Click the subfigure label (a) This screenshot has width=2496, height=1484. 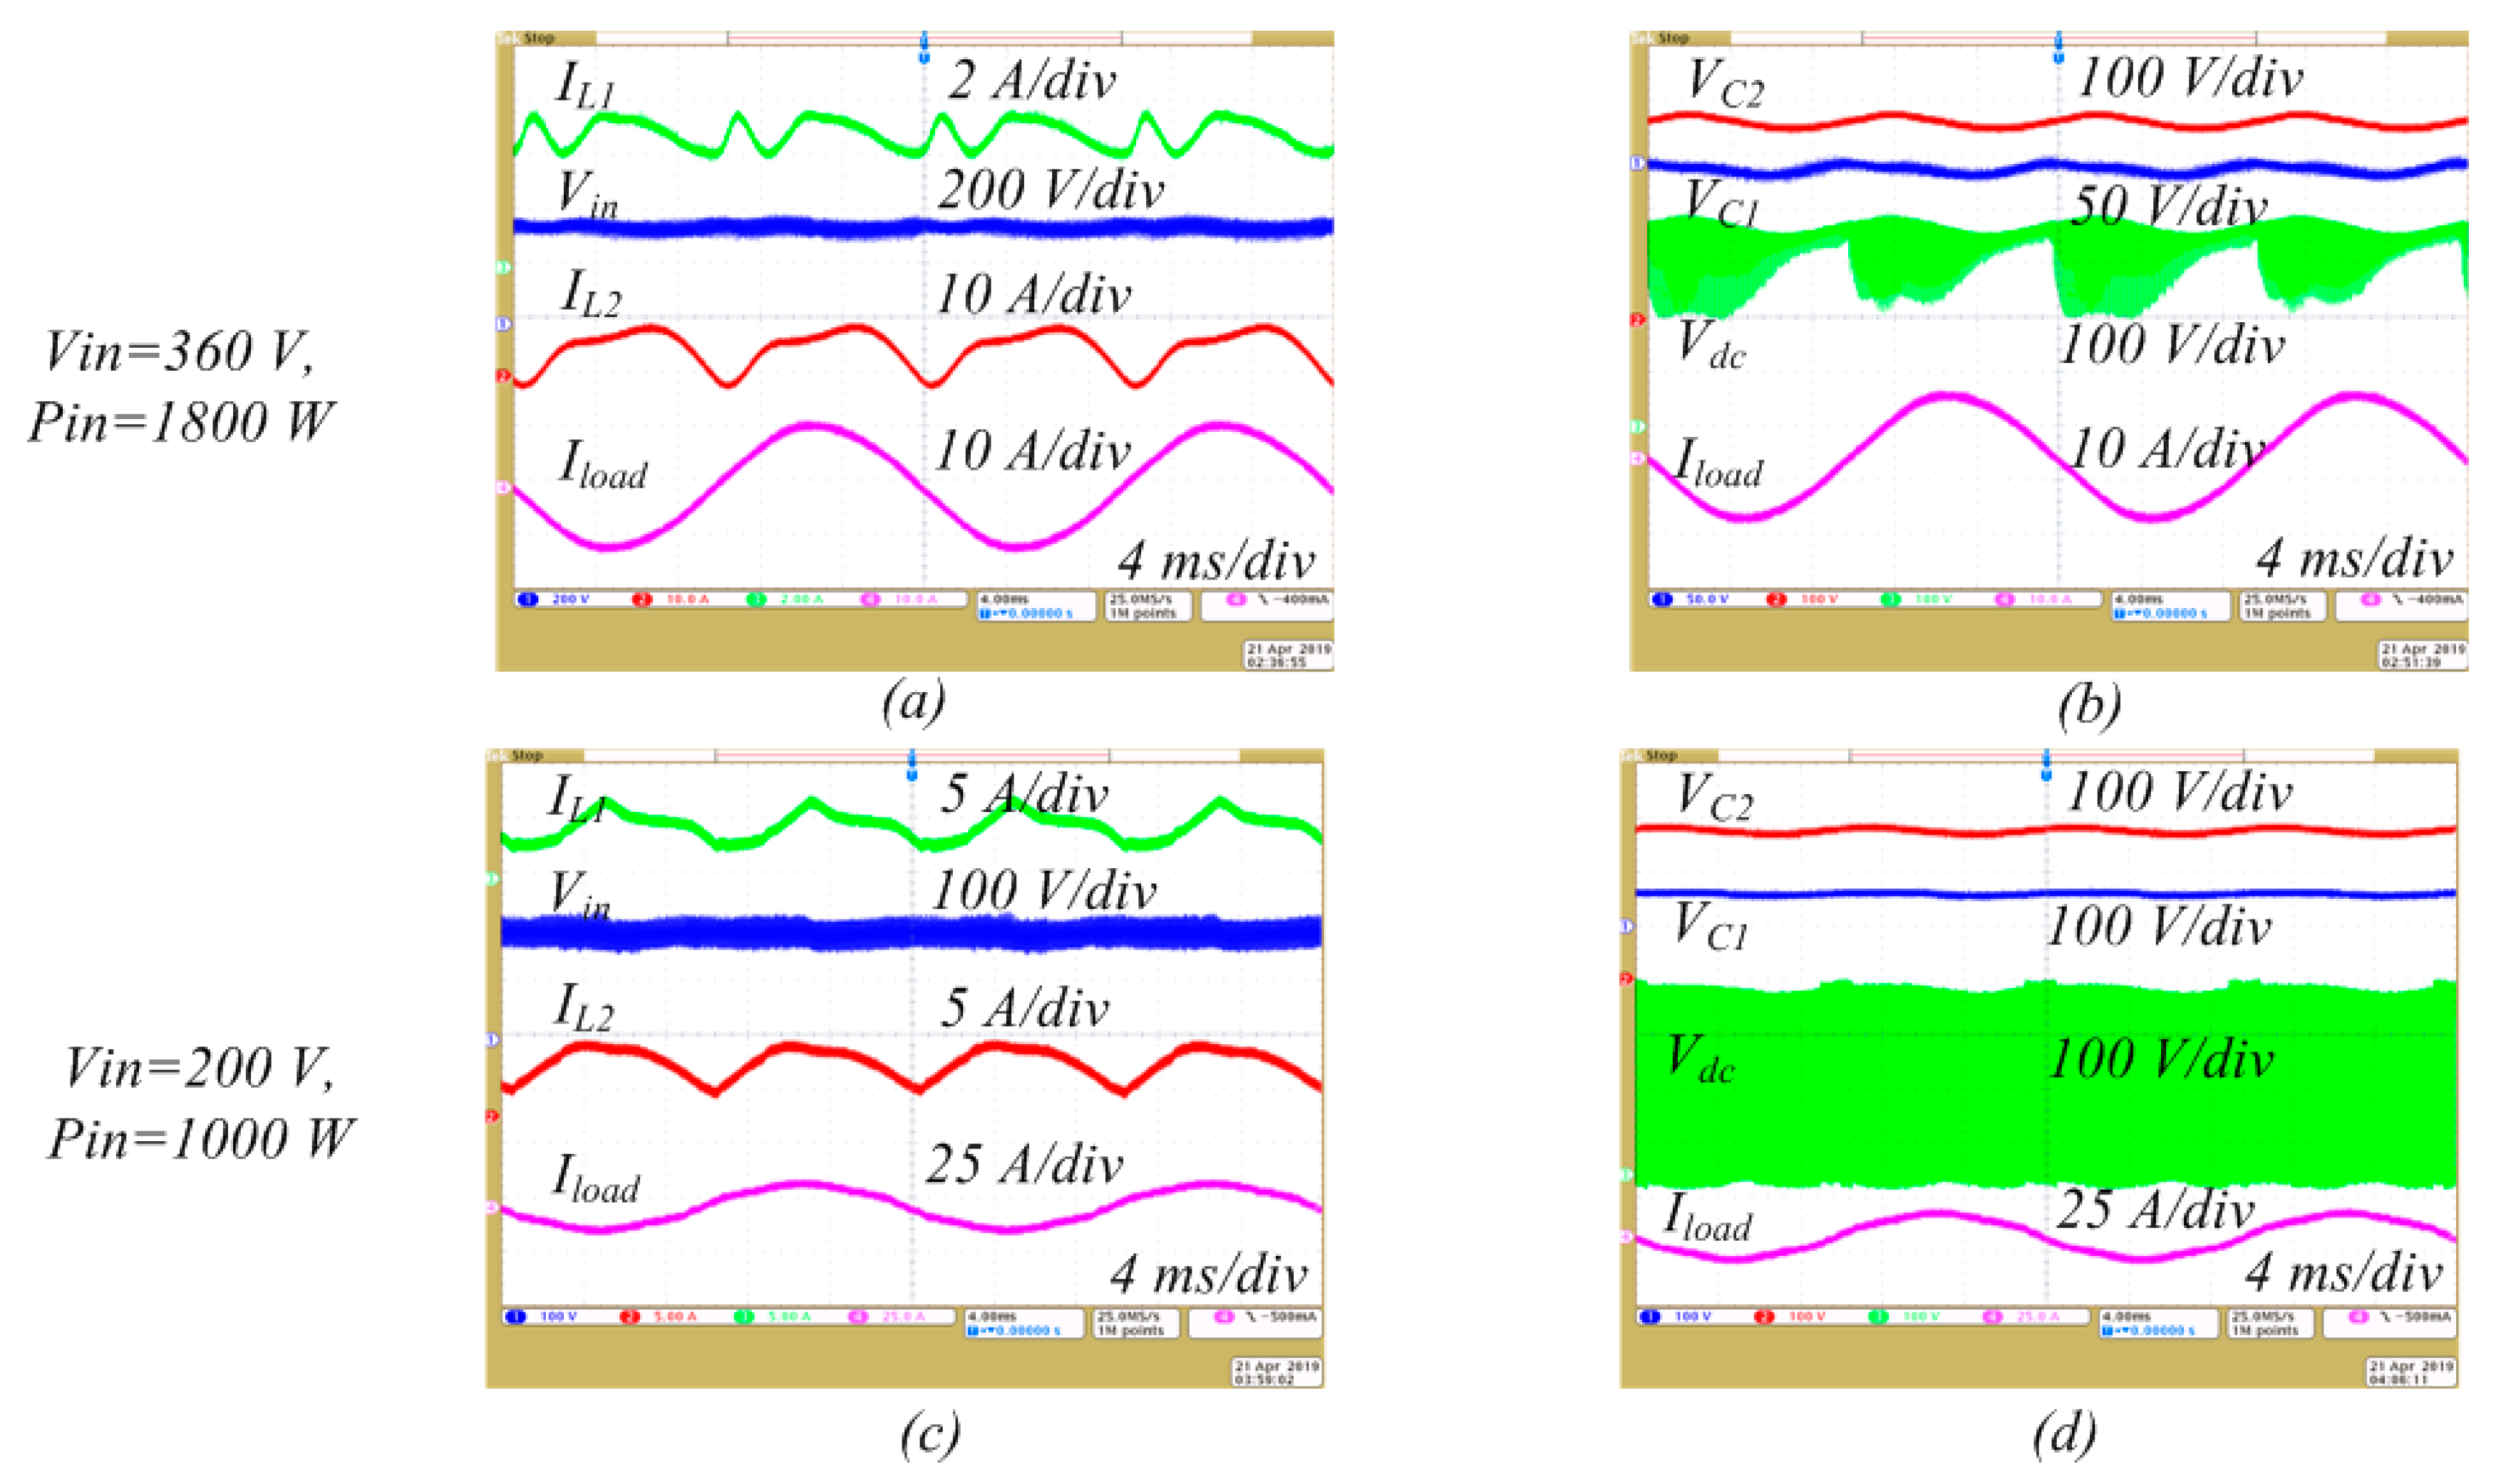click(913, 702)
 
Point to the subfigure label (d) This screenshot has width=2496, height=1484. click(2064, 1432)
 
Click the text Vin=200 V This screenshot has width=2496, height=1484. click(200, 1068)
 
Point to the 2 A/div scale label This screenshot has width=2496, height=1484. click(1031, 80)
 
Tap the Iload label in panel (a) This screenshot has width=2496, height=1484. click(603, 465)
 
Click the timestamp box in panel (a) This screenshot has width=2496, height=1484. click(1288, 655)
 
